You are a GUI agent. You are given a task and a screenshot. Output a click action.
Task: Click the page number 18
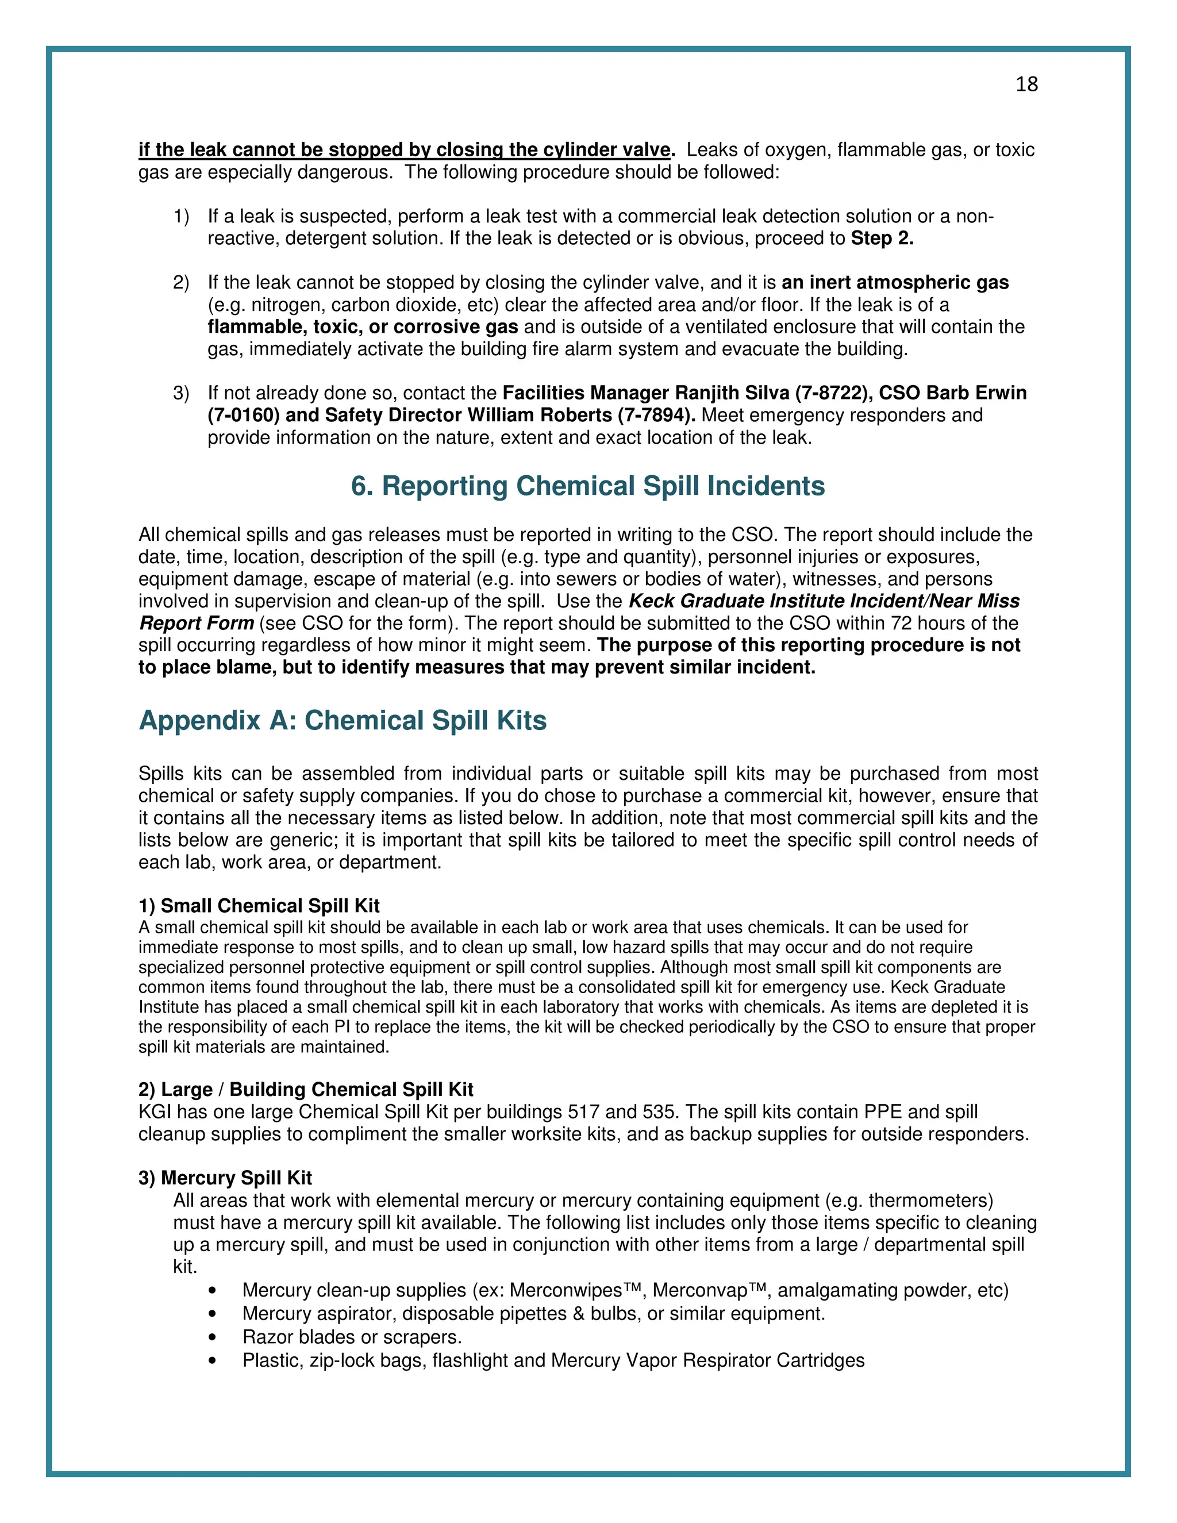[1026, 84]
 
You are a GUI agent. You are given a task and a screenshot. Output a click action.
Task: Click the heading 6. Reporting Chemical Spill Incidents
[588, 486]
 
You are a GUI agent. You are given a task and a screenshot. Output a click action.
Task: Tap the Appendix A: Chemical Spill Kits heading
[343, 720]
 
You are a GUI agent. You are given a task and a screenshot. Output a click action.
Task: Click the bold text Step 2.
[882, 239]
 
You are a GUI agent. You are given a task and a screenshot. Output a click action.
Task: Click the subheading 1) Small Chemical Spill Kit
[259, 906]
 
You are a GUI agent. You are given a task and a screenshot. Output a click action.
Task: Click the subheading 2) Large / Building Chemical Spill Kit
[305, 1089]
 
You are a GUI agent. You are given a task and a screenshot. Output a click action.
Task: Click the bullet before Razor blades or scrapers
[212, 1337]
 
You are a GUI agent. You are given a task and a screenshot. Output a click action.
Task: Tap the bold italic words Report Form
[196, 624]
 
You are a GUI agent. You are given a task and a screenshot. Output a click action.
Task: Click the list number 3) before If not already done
[180, 393]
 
